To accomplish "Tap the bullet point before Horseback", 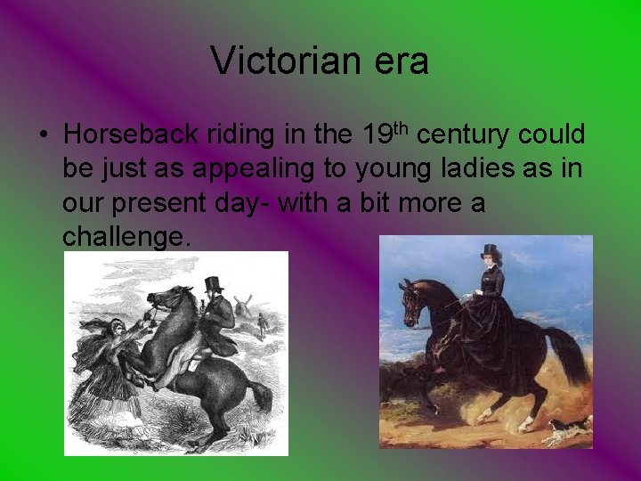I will [43, 136].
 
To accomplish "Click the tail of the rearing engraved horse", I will [261, 393].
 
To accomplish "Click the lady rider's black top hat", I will [489, 251].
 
